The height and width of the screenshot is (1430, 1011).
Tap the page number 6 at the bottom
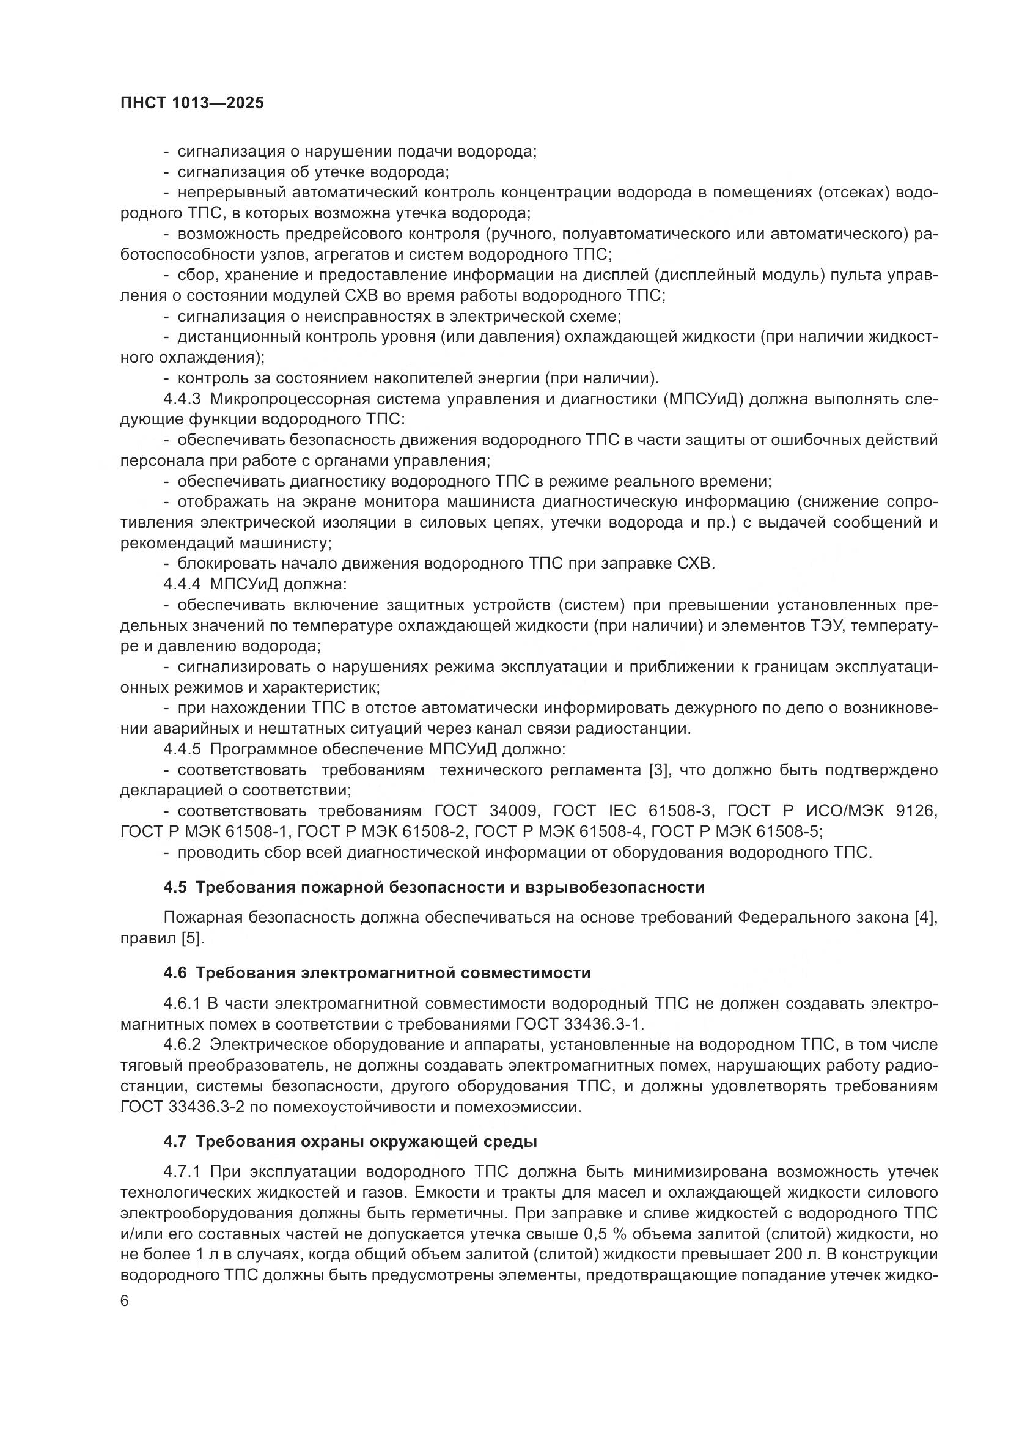pyautogui.click(x=125, y=1302)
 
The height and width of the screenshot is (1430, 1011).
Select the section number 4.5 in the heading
pyautogui.click(x=175, y=888)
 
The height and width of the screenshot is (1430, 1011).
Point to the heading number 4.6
pyautogui.click(x=175, y=973)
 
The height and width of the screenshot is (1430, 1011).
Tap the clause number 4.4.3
pyautogui.click(x=182, y=399)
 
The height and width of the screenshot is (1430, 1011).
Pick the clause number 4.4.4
pyautogui.click(x=182, y=585)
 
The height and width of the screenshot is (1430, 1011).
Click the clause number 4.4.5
pyautogui.click(x=182, y=750)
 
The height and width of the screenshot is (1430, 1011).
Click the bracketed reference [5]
pyautogui.click(x=193, y=938)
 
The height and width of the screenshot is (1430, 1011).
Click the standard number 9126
pyautogui.click(x=916, y=811)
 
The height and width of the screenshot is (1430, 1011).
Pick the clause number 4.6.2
pyautogui.click(x=182, y=1045)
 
